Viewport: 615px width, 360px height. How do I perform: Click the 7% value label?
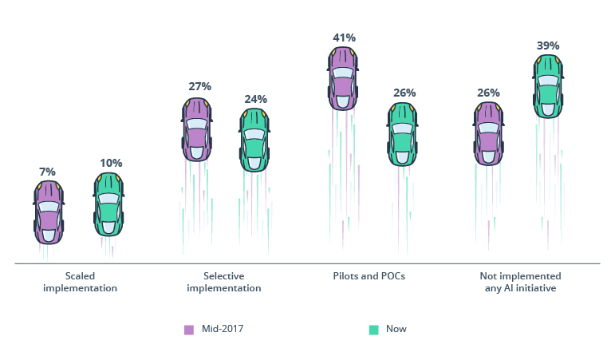point(48,172)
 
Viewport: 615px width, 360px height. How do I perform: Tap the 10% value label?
point(111,163)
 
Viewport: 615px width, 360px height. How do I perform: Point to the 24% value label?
point(255,99)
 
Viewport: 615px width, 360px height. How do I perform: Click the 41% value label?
point(344,37)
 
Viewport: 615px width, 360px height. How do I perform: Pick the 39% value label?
point(547,45)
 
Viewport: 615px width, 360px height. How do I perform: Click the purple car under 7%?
point(49,212)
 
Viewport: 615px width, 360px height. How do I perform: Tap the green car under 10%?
point(108,204)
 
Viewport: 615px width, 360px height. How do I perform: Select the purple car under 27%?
point(196,130)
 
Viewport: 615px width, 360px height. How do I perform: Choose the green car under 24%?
point(254,140)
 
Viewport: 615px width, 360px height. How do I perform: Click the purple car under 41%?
point(342,78)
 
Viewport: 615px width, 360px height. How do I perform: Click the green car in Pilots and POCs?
point(403,133)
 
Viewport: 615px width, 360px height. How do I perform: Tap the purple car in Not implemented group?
point(488,133)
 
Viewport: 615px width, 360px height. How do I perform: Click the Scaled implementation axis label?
point(80,282)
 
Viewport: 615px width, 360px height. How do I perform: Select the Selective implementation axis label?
point(223,282)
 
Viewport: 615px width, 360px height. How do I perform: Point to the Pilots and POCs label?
point(370,276)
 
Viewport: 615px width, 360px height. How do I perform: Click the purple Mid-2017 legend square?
point(189,329)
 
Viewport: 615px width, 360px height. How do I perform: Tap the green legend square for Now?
point(373,329)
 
